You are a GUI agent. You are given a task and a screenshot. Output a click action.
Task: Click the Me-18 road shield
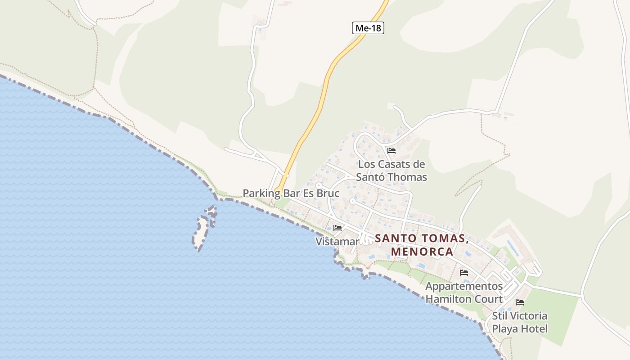pyautogui.click(x=368, y=28)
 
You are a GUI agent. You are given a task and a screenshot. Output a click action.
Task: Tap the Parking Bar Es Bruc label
pyautogui.click(x=291, y=193)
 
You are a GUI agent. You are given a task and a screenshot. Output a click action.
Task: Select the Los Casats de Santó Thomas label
pyautogui.click(x=391, y=170)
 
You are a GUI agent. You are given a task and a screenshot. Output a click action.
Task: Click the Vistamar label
pyautogui.click(x=337, y=242)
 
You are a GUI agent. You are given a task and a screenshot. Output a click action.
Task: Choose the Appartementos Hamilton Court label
pyautogui.click(x=464, y=292)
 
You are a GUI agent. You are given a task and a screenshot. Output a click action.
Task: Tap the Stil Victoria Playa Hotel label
pyautogui.click(x=520, y=322)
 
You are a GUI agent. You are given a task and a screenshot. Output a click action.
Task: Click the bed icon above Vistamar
pyautogui.click(x=337, y=228)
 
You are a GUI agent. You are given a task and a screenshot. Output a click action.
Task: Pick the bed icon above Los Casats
pyautogui.click(x=391, y=151)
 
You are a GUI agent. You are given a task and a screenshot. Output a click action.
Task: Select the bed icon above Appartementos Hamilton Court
pyautogui.click(x=464, y=273)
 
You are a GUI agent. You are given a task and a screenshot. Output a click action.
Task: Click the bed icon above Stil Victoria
pyautogui.click(x=520, y=302)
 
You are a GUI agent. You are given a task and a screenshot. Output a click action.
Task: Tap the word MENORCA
pyautogui.click(x=422, y=252)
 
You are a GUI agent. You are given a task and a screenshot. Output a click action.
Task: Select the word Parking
pyautogui.click(x=261, y=193)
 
